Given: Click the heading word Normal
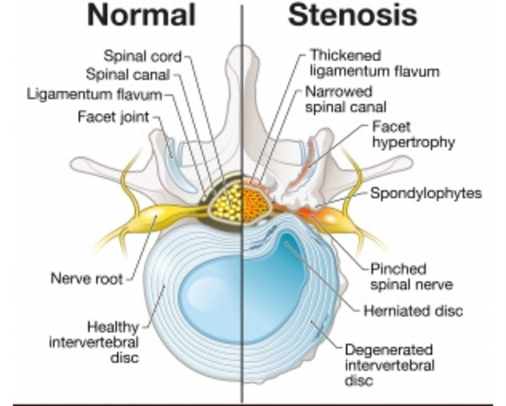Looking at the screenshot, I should click(142, 16).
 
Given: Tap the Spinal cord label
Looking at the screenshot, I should click(143, 56).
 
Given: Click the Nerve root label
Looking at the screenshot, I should click(85, 278).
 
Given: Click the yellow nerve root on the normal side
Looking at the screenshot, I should click(157, 212).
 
